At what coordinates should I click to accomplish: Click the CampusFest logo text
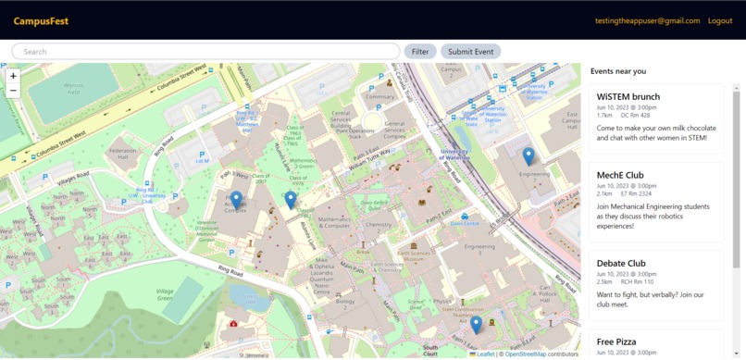(x=41, y=21)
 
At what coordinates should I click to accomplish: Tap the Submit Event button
(x=470, y=52)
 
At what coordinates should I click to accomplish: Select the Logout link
(x=719, y=21)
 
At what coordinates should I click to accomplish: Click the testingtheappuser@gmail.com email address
(x=647, y=21)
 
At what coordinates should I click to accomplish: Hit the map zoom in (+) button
(x=13, y=76)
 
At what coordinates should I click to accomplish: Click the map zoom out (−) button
(x=13, y=91)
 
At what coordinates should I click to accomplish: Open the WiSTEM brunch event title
(x=628, y=96)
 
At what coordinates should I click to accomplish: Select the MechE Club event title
(x=620, y=175)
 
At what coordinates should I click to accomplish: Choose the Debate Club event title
(x=621, y=264)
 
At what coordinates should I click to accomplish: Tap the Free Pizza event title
(x=617, y=341)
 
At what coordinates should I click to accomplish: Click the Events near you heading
(x=618, y=71)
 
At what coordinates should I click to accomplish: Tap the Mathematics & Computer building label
(x=333, y=222)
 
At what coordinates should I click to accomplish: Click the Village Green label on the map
(x=165, y=294)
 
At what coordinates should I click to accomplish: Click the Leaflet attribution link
(x=485, y=354)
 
